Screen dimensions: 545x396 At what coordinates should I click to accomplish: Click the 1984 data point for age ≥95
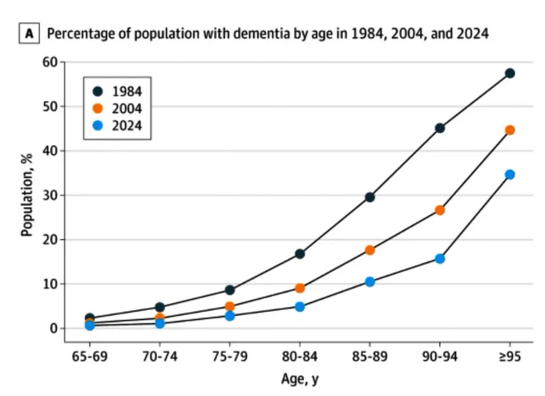tap(510, 74)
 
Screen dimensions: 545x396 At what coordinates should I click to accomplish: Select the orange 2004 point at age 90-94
tap(440, 210)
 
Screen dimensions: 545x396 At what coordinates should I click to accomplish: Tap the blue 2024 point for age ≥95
tap(510, 175)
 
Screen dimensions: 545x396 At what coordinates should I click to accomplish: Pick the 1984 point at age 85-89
tap(369, 197)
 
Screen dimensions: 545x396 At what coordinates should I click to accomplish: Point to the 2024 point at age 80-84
tap(300, 307)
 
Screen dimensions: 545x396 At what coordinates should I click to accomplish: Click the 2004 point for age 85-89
tap(369, 250)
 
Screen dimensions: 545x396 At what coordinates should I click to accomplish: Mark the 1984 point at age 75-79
tap(230, 290)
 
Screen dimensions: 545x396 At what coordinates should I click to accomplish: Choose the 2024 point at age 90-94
tap(440, 259)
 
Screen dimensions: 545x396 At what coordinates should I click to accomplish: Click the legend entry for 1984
tap(117, 91)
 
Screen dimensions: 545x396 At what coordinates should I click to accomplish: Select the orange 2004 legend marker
tap(98, 108)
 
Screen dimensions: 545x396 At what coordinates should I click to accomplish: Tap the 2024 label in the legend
tap(127, 126)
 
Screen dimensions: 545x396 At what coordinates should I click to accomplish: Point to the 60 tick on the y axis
tap(50, 63)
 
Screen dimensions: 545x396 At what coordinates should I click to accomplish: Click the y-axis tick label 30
tap(50, 196)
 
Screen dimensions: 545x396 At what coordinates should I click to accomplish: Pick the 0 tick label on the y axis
tap(54, 329)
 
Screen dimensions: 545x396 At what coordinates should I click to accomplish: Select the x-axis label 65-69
tap(90, 357)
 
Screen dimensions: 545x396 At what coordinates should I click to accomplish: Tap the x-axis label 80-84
tap(300, 357)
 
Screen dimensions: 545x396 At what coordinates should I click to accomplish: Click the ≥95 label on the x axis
tap(510, 357)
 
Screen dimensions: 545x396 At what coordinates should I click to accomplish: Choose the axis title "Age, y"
tap(300, 379)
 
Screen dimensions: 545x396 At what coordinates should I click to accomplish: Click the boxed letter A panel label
tap(29, 34)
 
